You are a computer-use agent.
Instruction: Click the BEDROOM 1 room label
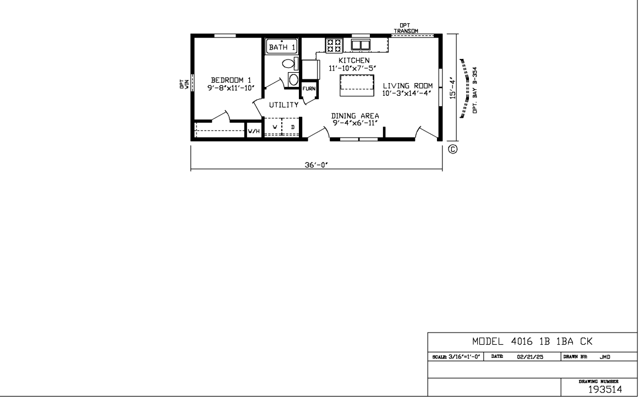click(231, 80)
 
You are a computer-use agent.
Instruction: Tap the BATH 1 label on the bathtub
click(282, 47)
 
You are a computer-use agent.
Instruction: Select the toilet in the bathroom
click(290, 63)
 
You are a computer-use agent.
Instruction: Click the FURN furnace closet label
click(309, 89)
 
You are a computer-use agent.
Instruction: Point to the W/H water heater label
click(254, 131)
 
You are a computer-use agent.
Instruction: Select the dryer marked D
click(291, 127)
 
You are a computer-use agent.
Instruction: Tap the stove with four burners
click(334, 45)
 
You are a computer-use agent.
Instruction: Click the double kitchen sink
click(361, 45)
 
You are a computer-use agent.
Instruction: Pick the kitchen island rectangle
click(357, 85)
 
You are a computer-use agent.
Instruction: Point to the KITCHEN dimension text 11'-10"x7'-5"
click(352, 68)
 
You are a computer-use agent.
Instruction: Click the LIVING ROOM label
click(407, 85)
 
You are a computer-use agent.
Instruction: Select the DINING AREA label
click(355, 116)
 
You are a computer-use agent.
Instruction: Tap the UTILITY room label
click(283, 105)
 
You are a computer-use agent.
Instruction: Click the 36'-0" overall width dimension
click(316, 165)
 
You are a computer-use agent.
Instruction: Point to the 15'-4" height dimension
click(452, 88)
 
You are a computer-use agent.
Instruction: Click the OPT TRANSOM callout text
click(406, 28)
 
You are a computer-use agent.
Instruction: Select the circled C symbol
click(453, 149)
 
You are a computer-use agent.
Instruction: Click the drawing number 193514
click(605, 389)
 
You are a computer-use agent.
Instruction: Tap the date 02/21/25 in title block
click(530, 357)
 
